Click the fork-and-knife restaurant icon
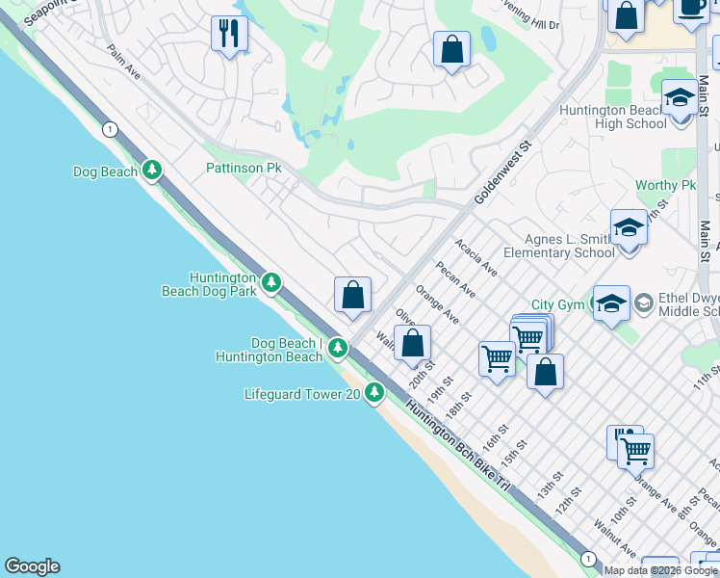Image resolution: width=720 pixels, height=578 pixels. (229, 35)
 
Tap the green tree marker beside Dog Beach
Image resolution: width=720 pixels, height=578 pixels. (151, 171)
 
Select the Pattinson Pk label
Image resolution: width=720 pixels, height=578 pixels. (244, 168)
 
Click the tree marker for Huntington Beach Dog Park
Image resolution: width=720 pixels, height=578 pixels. (272, 282)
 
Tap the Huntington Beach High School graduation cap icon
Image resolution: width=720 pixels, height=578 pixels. (680, 98)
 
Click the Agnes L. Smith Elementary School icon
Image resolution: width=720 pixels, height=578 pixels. (628, 228)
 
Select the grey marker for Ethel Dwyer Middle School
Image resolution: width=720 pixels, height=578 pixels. (643, 303)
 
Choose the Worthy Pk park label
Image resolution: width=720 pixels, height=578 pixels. (665, 185)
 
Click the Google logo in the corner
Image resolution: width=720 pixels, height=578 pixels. (32, 566)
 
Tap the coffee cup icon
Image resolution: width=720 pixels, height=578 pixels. (690, 6)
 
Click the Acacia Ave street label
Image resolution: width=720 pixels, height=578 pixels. (476, 257)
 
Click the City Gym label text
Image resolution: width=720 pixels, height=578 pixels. (557, 304)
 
